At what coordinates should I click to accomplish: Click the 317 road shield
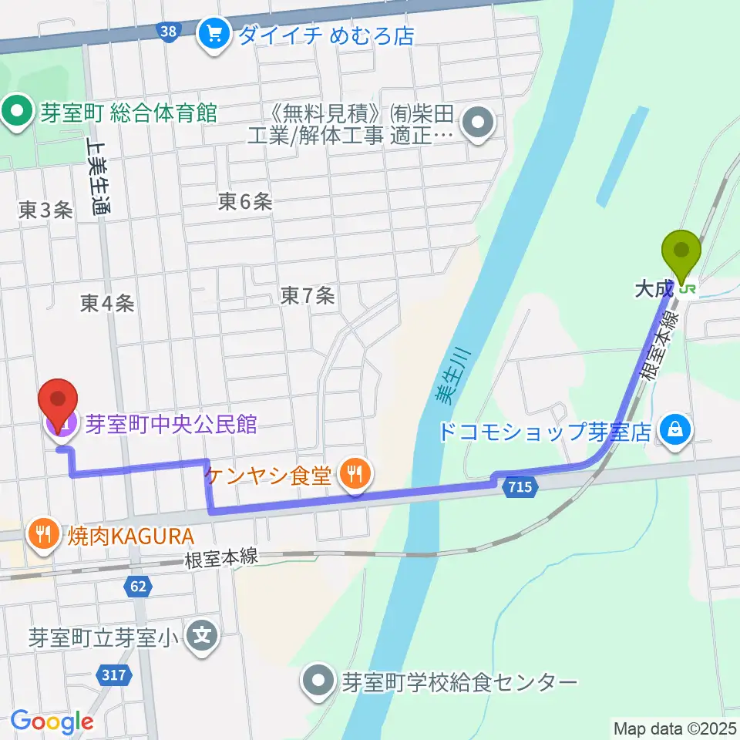click(x=113, y=675)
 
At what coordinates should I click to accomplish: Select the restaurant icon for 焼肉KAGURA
click(x=40, y=533)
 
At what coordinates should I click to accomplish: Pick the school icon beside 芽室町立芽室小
click(x=203, y=637)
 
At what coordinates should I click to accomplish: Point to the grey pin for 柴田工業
click(x=479, y=123)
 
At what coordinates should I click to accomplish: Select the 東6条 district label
click(x=245, y=202)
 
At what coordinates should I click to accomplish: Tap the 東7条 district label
click(x=308, y=294)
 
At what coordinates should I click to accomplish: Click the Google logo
click(x=52, y=721)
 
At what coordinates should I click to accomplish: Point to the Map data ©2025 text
click(x=675, y=728)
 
